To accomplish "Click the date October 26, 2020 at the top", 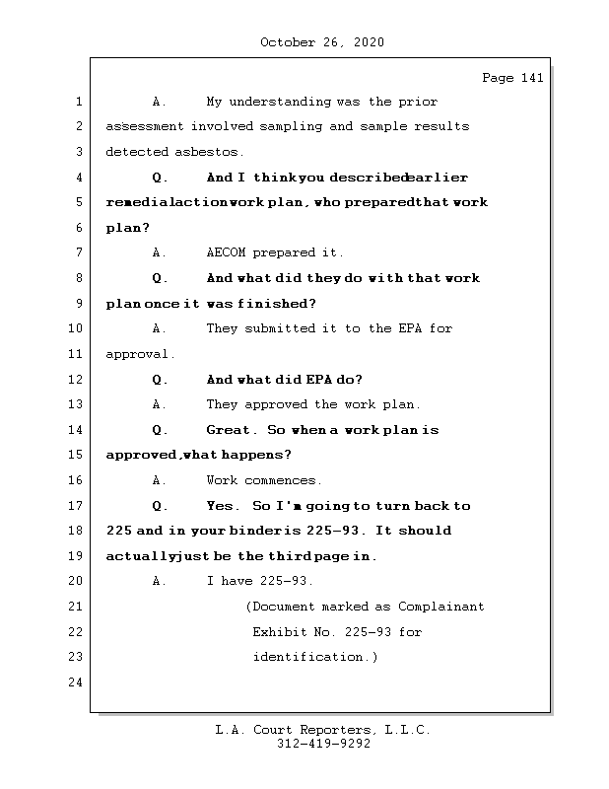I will [322, 42].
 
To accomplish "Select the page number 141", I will [531, 78].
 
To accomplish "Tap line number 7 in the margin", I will [77, 253].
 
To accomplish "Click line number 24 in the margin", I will [77, 682].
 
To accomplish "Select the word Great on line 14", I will [229, 430].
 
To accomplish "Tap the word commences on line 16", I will [284, 481].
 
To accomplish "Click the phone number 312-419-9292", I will [323, 745].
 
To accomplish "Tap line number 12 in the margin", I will [77, 380].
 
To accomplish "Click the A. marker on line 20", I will [160, 582].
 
